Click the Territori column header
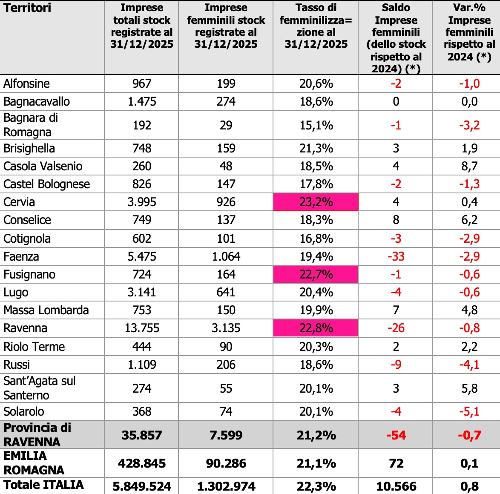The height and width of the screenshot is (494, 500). point(27,8)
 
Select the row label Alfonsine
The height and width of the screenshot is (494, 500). point(26,83)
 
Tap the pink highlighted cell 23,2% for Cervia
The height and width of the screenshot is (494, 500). point(316,202)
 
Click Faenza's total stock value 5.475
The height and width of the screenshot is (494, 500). point(141,256)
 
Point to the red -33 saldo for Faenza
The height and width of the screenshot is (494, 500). point(396,256)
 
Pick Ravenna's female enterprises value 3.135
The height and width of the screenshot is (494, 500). point(226,328)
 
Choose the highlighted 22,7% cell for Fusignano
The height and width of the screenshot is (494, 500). point(316,274)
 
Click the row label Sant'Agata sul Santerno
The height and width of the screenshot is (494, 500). point(39,388)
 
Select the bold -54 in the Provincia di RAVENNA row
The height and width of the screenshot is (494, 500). point(396,435)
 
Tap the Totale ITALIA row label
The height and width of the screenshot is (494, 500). point(43,485)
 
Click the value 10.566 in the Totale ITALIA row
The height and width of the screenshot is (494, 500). point(396,486)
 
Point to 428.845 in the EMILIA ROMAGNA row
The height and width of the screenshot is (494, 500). point(141,463)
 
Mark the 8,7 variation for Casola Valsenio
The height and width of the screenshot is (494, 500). point(469,166)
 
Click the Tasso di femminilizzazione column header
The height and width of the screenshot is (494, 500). point(316,26)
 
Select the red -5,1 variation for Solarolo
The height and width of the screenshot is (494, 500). point(469,411)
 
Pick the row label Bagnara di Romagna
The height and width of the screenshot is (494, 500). point(31,125)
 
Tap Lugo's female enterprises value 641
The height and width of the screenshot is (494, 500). point(226,292)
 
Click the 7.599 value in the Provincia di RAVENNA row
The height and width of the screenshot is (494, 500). point(226,435)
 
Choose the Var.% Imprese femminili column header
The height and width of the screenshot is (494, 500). point(469,32)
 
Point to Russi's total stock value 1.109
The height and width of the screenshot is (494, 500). point(141,365)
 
